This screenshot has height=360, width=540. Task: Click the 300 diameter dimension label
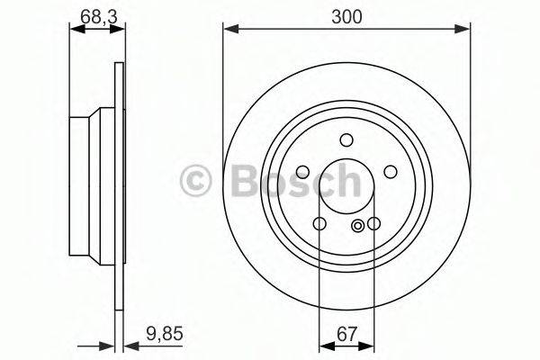(x=346, y=16)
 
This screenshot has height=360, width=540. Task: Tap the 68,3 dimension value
(x=98, y=16)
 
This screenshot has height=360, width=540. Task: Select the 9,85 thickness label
(x=165, y=334)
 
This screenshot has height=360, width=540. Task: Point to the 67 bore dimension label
(x=346, y=334)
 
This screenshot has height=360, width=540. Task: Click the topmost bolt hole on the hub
(x=346, y=139)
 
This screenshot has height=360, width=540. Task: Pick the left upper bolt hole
(x=302, y=172)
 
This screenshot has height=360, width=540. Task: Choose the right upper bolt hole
(x=391, y=172)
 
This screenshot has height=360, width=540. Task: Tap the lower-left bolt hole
(x=319, y=223)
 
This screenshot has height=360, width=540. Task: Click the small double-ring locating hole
(x=358, y=226)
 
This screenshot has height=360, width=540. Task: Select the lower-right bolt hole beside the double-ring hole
(x=373, y=223)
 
